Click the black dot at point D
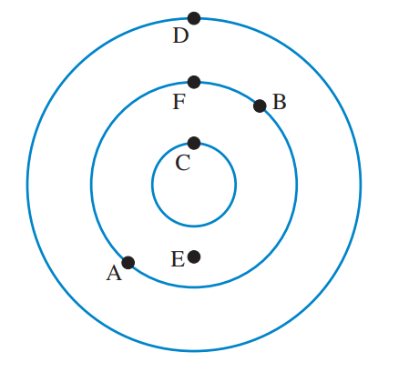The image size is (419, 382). [x=194, y=18]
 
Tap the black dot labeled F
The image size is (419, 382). [x=194, y=82]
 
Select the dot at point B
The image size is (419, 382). [x=260, y=106]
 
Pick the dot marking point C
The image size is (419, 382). [x=194, y=143]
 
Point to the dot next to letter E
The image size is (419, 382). [x=194, y=256]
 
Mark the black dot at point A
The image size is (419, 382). [x=128, y=263]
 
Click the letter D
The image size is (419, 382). [x=180, y=35]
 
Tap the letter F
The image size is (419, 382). [x=179, y=102]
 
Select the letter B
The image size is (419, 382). [x=280, y=102]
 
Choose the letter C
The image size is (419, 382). [x=183, y=163]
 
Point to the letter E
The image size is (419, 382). [x=178, y=259]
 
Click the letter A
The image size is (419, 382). [x=114, y=273]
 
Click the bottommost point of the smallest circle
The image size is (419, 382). [x=194, y=226]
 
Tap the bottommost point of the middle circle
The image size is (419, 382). [x=194, y=286]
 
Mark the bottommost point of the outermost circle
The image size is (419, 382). [x=194, y=351]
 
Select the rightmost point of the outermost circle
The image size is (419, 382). [x=361, y=185]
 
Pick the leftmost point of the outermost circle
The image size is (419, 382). [x=27, y=185]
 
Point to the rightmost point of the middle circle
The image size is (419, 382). [x=297, y=185]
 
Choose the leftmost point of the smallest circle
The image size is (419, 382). [x=152, y=185]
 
